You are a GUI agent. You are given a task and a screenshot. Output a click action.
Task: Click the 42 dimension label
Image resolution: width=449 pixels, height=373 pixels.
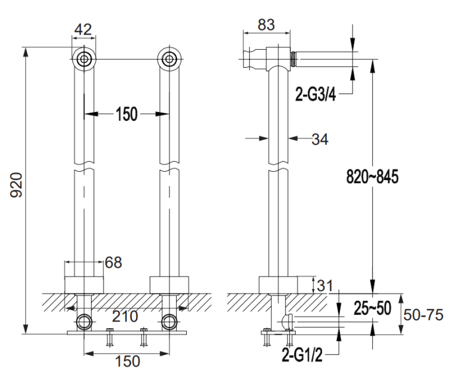point(83,29)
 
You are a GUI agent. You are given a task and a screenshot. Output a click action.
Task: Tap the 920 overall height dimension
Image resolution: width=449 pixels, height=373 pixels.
point(16,185)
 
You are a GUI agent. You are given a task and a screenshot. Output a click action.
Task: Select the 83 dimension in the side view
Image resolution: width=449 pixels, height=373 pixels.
point(266,25)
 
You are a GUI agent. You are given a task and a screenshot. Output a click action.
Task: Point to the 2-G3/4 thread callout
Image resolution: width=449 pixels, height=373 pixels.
point(315,94)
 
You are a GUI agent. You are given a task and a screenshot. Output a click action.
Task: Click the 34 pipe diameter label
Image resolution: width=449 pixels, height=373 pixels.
point(320,140)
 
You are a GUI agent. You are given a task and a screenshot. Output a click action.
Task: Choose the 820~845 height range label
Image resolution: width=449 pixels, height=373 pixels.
point(372,177)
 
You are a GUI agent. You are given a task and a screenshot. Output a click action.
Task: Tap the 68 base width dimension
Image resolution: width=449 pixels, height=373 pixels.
point(113,262)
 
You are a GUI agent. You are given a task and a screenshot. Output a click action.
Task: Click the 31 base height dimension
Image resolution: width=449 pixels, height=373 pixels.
point(325,286)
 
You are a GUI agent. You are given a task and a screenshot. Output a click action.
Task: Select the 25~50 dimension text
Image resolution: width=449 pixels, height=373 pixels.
point(372,308)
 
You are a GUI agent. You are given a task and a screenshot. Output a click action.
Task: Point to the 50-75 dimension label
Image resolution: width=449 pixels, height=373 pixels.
point(423,315)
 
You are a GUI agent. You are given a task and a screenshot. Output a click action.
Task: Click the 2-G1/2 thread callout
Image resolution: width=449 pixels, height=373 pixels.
point(302,355)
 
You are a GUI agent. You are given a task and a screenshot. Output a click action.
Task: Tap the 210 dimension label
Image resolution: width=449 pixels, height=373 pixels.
point(125,316)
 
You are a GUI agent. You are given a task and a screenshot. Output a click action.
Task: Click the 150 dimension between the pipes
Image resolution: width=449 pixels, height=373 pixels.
point(126,114)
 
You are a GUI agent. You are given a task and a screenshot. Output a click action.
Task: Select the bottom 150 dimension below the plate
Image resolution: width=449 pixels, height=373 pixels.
point(128,360)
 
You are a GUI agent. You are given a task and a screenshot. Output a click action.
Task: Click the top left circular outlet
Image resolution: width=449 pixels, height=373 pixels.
point(84,59)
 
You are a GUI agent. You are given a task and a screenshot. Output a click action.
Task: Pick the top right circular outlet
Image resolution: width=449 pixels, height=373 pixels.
point(169,59)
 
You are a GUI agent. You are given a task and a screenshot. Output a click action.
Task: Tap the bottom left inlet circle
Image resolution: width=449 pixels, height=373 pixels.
point(84,322)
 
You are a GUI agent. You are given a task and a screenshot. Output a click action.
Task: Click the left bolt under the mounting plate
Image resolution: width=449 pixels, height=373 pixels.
point(110,338)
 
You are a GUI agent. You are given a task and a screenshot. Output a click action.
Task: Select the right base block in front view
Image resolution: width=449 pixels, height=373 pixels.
point(169,285)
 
